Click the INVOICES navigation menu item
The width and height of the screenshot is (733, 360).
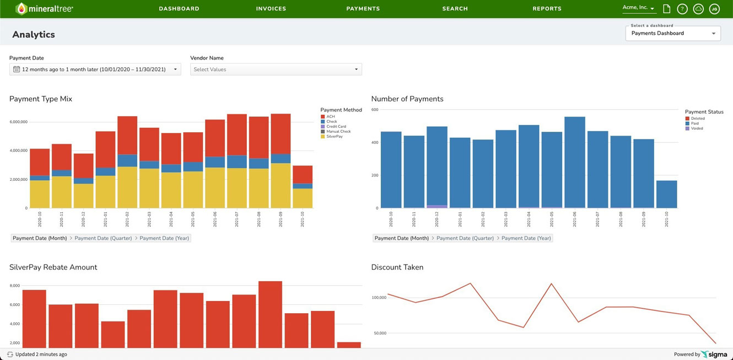271,9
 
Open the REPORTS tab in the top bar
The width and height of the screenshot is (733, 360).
547,9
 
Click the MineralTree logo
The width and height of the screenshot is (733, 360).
44,9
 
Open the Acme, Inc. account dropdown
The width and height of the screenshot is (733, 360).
638,8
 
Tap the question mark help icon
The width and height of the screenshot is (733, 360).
682,9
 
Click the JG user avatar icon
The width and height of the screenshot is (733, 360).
714,9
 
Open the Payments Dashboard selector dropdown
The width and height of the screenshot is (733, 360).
673,33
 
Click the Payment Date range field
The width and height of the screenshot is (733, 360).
95,69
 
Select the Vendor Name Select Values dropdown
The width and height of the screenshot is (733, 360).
276,69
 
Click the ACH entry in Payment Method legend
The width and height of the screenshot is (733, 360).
330,116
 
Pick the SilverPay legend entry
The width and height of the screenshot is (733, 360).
333,136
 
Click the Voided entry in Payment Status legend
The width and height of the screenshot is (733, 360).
696,128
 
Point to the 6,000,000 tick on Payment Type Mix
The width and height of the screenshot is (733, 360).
19,122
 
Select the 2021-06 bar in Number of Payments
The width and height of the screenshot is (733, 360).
574,163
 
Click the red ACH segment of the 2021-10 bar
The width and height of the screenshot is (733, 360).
303,174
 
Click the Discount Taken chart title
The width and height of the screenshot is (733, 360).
397,267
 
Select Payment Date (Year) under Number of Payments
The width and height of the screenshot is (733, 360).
526,238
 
